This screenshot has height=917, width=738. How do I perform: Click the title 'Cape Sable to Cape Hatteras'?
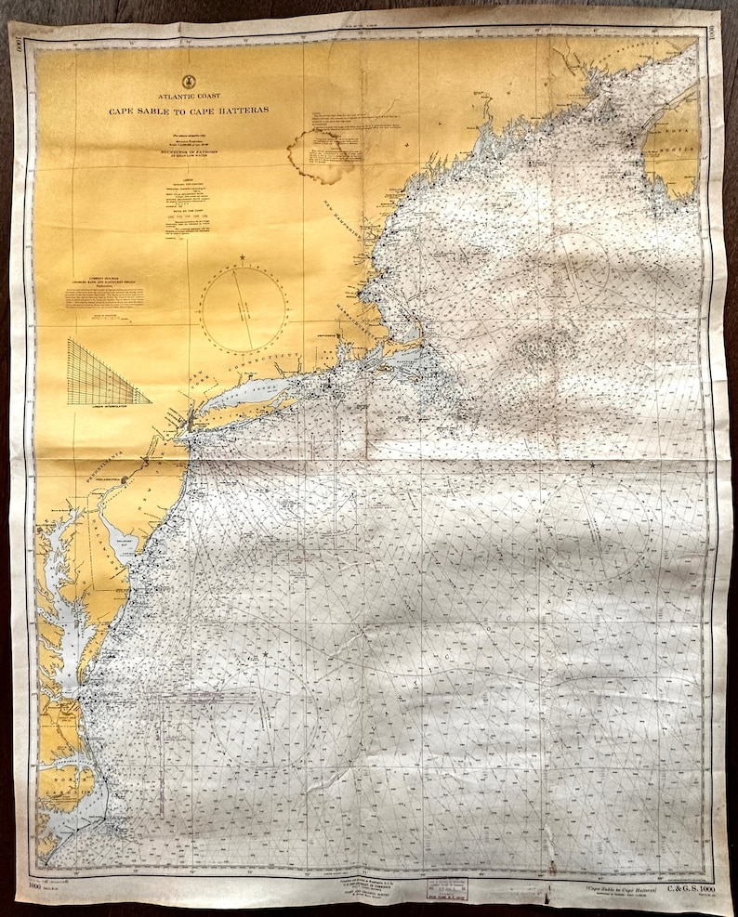(187, 110)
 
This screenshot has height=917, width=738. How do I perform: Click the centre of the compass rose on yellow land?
(243, 308)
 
